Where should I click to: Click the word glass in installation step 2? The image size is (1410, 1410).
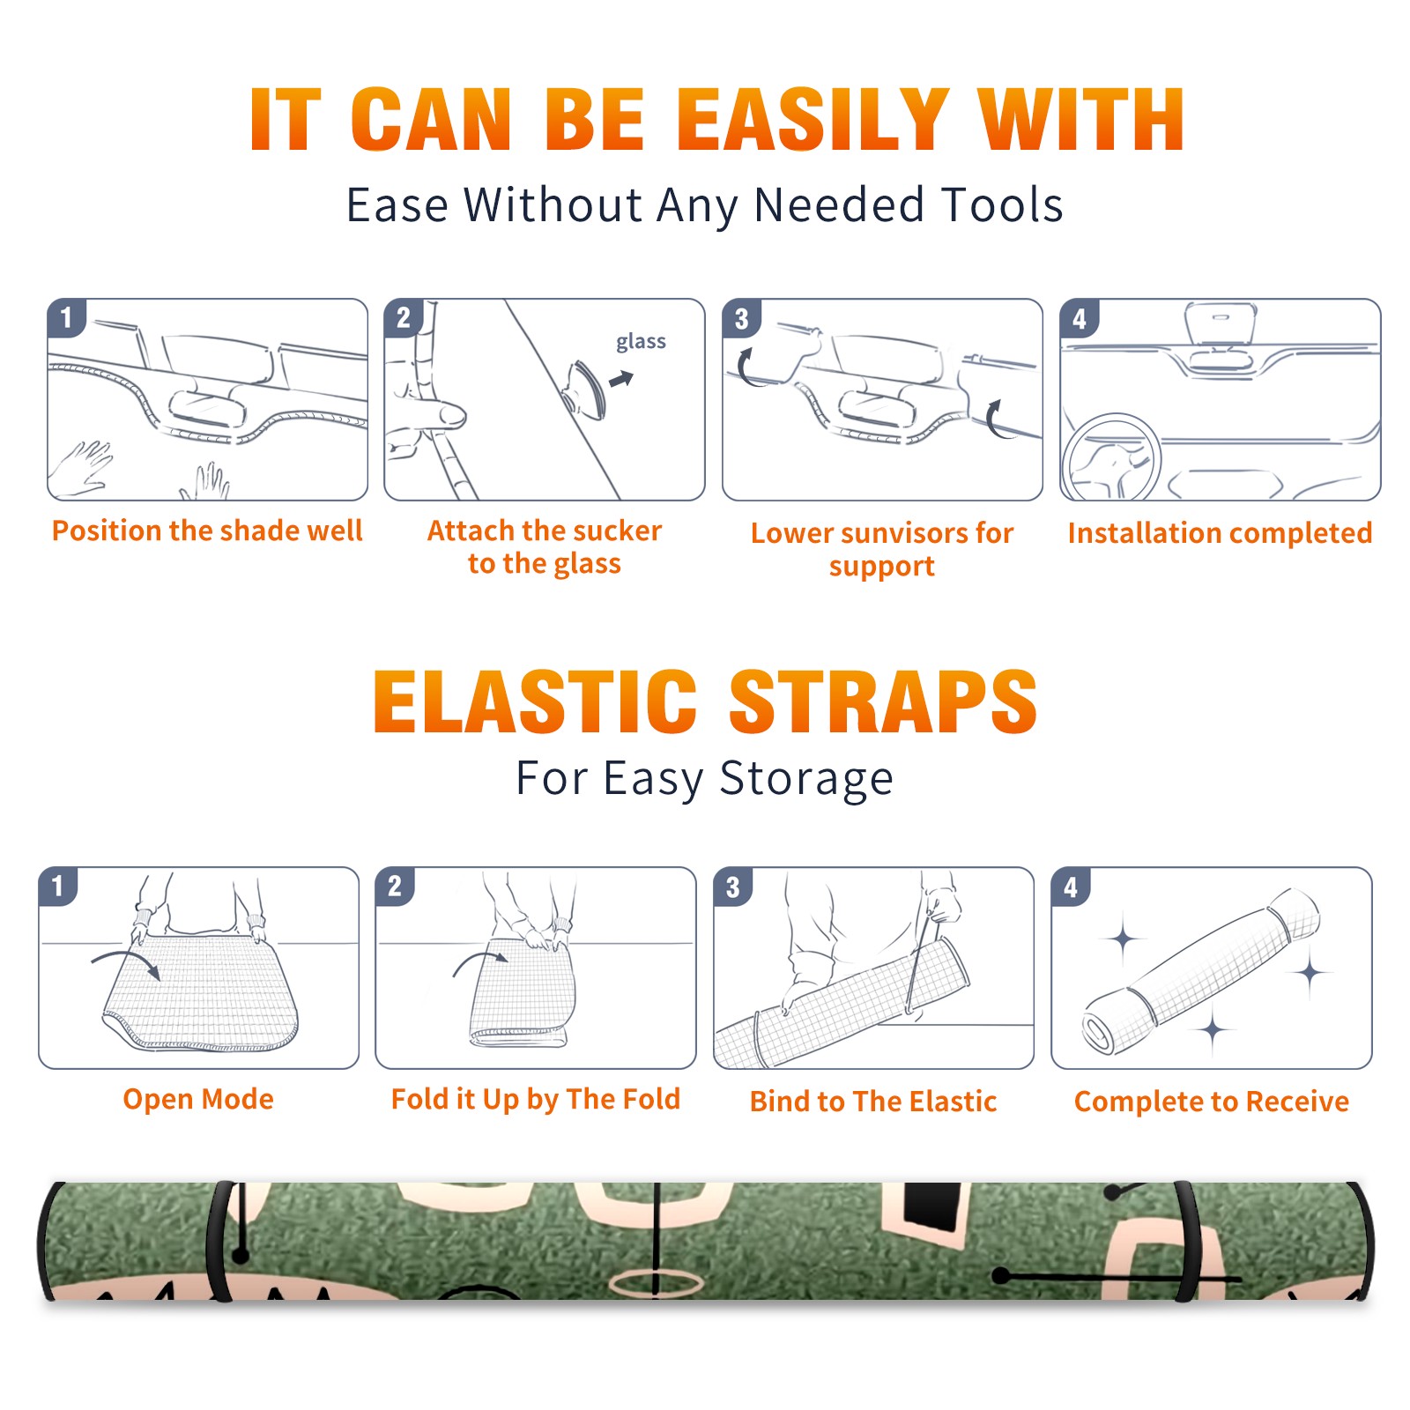[x=641, y=342]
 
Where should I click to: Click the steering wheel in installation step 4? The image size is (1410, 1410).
[x=1110, y=458]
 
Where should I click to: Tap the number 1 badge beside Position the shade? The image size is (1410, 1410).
[x=66, y=317]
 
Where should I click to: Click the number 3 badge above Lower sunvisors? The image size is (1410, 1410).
[x=741, y=318]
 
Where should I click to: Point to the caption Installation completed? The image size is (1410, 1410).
[x=1220, y=533]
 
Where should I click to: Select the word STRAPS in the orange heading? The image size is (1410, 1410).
[x=883, y=701]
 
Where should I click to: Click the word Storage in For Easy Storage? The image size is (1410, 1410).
[x=806, y=780]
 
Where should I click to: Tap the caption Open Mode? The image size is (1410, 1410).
[x=198, y=1100]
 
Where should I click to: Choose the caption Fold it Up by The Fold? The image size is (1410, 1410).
[x=536, y=1100]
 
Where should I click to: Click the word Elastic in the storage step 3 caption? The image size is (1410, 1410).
[x=953, y=1102]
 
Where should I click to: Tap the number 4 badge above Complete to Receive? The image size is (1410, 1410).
[x=1071, y=887]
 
